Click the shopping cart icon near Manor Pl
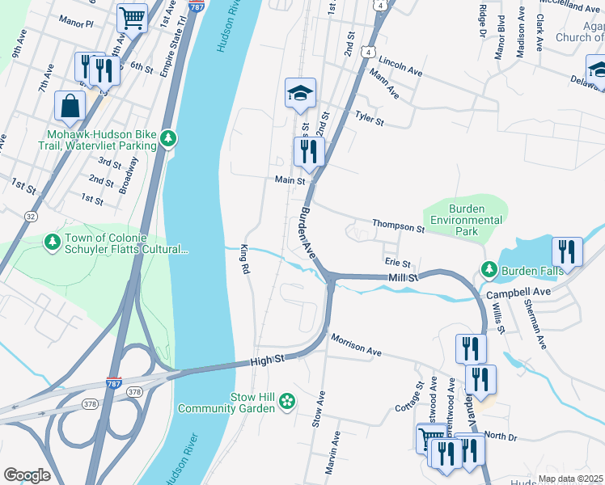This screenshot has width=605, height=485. click(132, 17)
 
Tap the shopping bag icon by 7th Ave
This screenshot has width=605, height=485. click(70, 105)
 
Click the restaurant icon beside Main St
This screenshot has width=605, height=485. click(308, 151)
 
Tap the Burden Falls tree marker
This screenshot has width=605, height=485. click(489, 268)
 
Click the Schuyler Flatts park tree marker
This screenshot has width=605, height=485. click(53, 242)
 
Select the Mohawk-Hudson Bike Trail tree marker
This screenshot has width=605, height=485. click(168, 139)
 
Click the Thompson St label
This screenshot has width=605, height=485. click(398, 226)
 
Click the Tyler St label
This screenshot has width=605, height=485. click(369, 119)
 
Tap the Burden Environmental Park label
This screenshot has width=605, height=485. click(466, 220)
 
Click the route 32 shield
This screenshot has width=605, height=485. click(30, 216)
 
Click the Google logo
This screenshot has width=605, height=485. click(27, 474)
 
